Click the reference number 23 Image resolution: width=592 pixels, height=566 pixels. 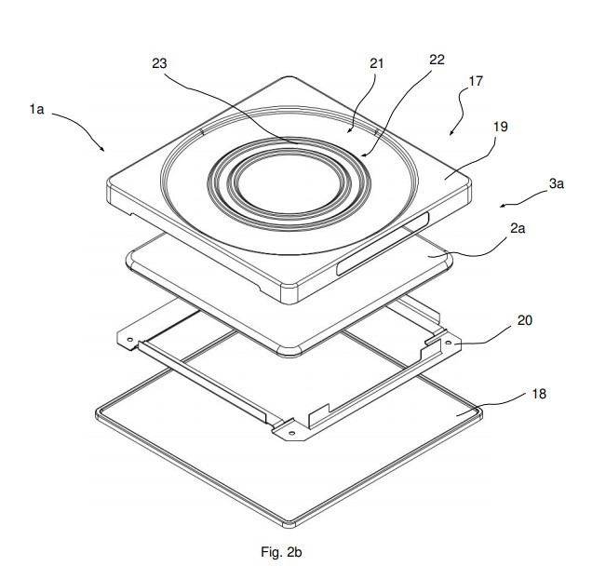[x=159, y=63]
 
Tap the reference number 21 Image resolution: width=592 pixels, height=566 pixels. [x=376, y=63]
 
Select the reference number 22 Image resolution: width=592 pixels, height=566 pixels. [x=437, y=60]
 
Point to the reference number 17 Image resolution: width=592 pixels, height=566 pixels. [x=476, y=81]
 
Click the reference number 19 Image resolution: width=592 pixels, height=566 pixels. [x=501, y=127]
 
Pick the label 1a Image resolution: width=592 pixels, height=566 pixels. [x=37, y=109]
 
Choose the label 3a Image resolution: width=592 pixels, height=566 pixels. [x=556, y=184]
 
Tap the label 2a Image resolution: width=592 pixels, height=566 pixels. [x=518, y=228]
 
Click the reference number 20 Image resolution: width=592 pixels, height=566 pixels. [x=524, y=320]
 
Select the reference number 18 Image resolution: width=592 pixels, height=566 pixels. [x=539, y=394]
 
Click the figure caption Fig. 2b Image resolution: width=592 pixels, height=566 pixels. [x=281, y=552]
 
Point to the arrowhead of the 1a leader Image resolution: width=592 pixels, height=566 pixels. [x=102, y=150]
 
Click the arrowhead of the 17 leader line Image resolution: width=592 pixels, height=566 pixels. [x=451, y=133]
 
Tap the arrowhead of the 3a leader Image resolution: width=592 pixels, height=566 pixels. [x=502, y=206]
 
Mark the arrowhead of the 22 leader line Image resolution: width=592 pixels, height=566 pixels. [x=363, y=155]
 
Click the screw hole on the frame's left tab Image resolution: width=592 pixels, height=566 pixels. [x=130, y=339]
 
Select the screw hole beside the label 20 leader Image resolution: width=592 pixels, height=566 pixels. [x=449, y=343]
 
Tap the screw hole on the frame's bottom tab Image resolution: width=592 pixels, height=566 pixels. [x=291, y=432]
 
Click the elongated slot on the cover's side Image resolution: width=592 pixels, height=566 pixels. [x=383, y=244]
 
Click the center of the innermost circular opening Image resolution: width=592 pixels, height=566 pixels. [x=289, y=185]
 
